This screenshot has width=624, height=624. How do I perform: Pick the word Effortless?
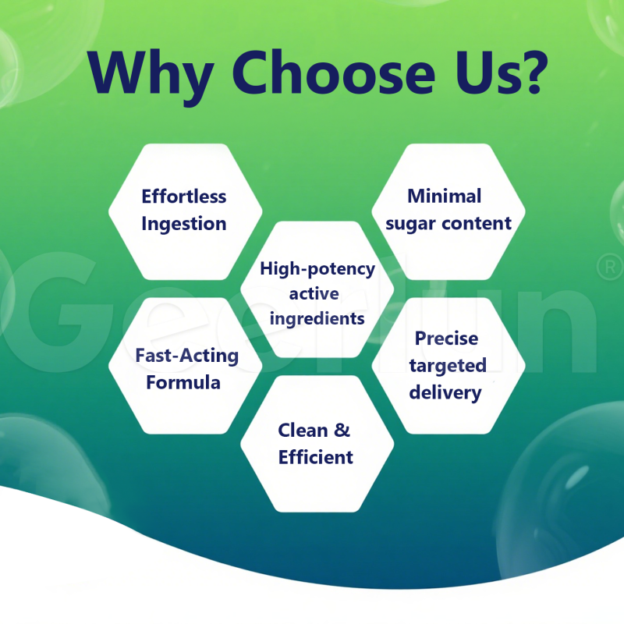click(x=184, y=196)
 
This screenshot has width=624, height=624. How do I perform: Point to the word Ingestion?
click(x=184, y=224)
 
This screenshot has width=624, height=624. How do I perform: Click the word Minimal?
click(x=444, y=196)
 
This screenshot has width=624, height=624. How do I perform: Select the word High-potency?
click(x=317, y=269)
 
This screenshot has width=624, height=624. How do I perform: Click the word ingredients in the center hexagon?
click(x=317, y=319)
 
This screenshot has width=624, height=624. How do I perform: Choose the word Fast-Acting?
click(x=186, y=356)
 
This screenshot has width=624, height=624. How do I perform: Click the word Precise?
click(x=446, y=339)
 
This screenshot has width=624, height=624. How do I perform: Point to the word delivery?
click(x=445, y=392)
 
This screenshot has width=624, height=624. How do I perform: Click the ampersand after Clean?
click(x=344, y=431)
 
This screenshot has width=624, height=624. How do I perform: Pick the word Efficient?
click(x=316, y=457)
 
